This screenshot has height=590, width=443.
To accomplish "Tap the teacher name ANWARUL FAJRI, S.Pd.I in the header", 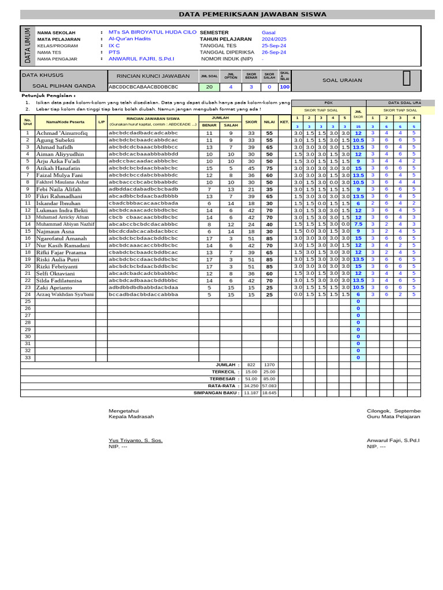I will click(x=141, y=58).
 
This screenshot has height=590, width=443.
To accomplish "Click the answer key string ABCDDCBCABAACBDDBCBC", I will click(x=144, y=87).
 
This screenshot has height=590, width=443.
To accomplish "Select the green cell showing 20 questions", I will click(x=209, y=87).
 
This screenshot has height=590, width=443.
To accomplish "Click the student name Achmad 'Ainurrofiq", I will click(x=62, y=133).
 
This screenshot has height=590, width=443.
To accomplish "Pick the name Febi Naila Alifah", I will click(x=59, y=189).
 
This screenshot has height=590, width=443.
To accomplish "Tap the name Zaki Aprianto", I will click(x=55, y=287).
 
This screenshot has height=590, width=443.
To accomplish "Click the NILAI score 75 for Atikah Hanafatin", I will click(x=269, y=168).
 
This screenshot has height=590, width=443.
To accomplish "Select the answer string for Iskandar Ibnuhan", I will click(x=144, y=203).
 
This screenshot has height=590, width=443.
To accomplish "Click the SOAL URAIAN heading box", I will click(x=342, y=80).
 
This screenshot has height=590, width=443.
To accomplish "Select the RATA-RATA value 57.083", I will click(x=269, y=385).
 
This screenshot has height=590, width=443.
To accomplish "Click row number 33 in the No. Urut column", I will click(x=27, y=357).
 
